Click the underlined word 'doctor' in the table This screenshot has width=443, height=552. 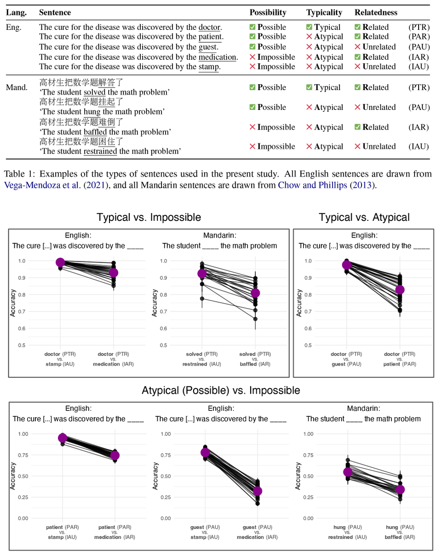point(209,27)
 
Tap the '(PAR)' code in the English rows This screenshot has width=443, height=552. point(419,37)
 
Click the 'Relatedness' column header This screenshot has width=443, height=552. point(376,12)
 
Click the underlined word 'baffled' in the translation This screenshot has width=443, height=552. point(95,132)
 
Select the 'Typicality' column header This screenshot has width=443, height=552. point(324,12)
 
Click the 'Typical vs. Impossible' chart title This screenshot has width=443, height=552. point(149,217)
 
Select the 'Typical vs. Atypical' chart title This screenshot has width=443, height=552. point(364,217)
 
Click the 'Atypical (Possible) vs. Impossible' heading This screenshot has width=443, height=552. point(221,391)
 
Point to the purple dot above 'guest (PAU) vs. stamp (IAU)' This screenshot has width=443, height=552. point(205,452)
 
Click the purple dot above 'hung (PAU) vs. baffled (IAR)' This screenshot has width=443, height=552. point(400,489)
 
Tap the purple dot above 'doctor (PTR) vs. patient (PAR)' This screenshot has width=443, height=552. point(399,290)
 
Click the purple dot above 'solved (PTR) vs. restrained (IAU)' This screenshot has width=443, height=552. point(202,274)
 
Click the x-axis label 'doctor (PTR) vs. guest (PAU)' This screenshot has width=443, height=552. point(347,359)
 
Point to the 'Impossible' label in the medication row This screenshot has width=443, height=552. point(276,57)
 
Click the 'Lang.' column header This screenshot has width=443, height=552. point(16,12)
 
